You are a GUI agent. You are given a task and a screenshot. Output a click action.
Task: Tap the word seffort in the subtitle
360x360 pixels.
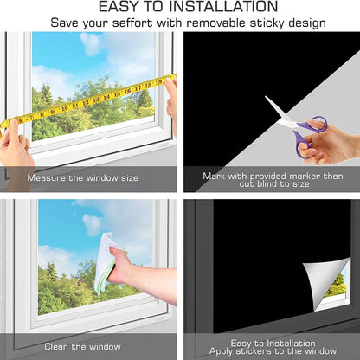pyautogui.click(x=132, y=22)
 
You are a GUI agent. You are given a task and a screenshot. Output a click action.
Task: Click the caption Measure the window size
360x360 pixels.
pyautogui.click(x=82, y=177)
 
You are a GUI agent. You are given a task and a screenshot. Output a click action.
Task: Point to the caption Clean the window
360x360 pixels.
pyautogui.click(x=82, y=346)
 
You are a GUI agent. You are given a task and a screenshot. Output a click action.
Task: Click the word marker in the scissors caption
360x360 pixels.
pyautogui.click(x=305, y=176)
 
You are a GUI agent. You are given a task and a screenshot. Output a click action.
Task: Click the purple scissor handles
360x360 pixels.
pyautogui.click(x=309, y=136)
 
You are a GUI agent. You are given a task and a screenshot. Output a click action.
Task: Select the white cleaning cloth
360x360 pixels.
pyautogui.click(x=106, y=263)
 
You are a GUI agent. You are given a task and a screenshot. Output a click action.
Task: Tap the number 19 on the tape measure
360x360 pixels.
pyautogui.click(x=158, y=82)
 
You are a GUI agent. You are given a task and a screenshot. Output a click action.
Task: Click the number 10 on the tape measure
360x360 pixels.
pyautogui.click(x=65, y=108)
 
